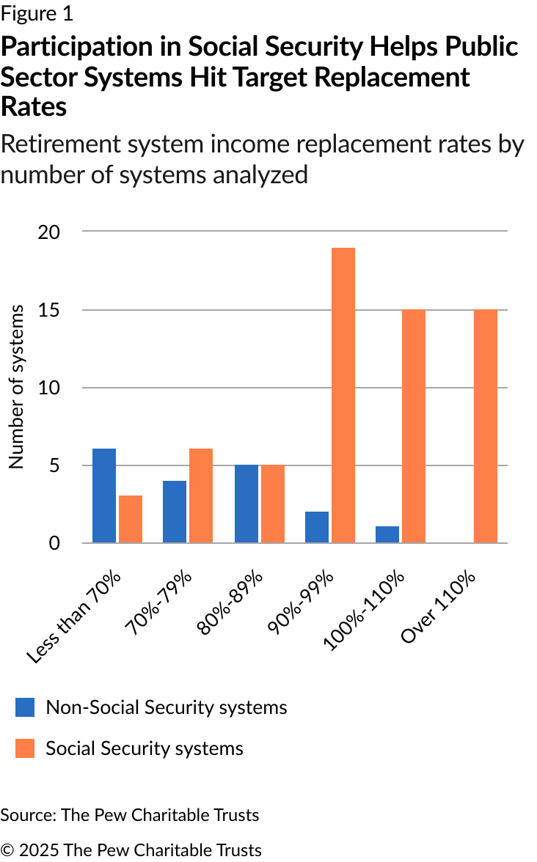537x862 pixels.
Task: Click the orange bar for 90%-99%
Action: (x=343, y=396)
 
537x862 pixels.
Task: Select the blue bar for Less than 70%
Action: (x=103, y=496)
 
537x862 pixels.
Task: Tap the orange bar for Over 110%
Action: (x=485, y=427)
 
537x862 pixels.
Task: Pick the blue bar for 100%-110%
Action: (x=387, y=534)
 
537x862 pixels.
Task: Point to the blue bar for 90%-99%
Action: (x=316, y=527)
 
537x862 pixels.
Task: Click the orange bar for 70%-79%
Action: (x=200, y=496)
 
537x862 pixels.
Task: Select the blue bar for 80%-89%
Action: (x=246, y=504)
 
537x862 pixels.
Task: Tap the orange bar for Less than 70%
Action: (x=130, y=519)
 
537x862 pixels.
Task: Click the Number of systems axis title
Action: (x=16, y=386)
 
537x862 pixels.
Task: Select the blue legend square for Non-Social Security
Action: (x=25, y=707)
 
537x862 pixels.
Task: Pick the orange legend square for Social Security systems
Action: (x=25, y=748)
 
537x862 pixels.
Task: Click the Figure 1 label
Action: (x=37, y=13)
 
